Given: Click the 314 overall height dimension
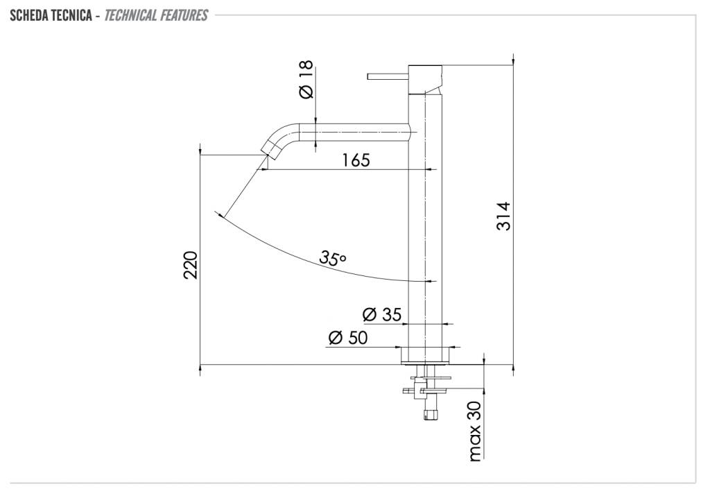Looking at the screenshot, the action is click(x=503, y=216).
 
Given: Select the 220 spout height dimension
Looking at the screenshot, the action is click(x=191, y=265).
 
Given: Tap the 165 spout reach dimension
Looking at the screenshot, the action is click(x=356, y=160).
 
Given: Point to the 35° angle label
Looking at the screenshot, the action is click(x=333, y=258).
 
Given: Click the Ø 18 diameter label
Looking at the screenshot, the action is click(x=306, y=79).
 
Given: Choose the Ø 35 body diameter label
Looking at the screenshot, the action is click(x=382, y=314).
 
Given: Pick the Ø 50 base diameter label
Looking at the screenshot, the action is click(x=348, y=337).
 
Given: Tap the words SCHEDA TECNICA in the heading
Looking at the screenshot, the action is click(x=51, y=15).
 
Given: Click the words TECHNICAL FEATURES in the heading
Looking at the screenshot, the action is click(x=156, y=15).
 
